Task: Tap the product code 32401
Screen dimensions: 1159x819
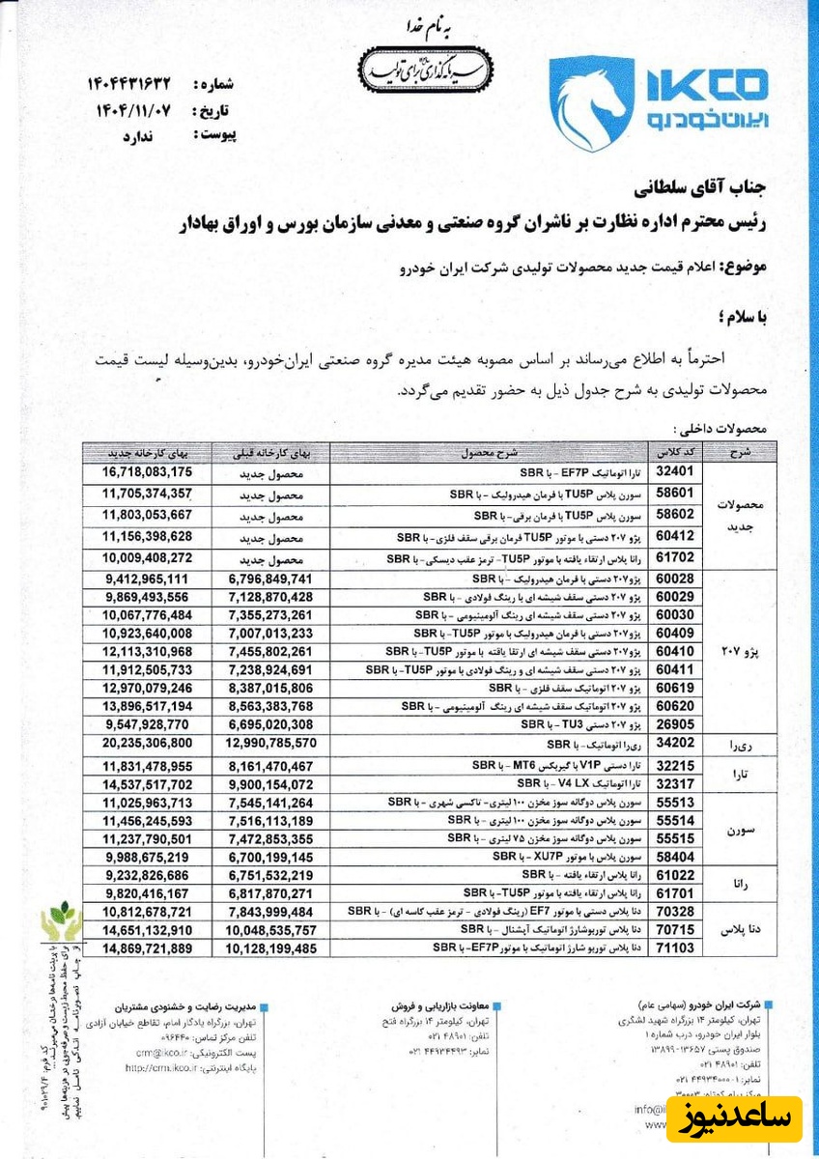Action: coord(675,472)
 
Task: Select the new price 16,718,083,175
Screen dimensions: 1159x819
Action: coord(145,472)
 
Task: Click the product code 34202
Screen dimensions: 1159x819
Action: coord(675,744)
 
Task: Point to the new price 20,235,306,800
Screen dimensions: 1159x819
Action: coord(145,744)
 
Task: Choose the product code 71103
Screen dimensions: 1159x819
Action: coord(675,949)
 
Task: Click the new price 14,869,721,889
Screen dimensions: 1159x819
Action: coord(145,949)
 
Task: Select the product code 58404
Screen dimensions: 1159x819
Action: coord(675,856)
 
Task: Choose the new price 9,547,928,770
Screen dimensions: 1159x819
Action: coord(145,723)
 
